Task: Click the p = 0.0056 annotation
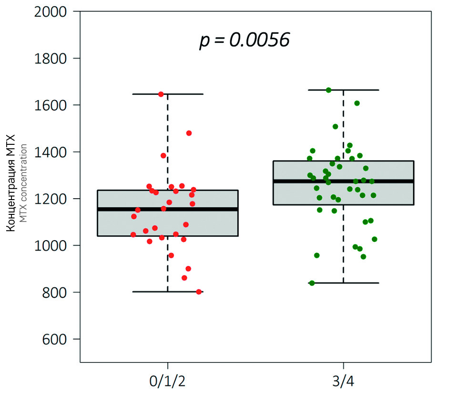pyautogui.click(x=245, y=40)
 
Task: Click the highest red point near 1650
pyautogui.click(x=161, y=94)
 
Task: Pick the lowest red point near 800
pyautogui.click(x=199, y=292)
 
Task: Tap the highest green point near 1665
pyautogui.click(x=328, y=90)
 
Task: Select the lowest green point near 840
pyautogui.click(x=312, y=283)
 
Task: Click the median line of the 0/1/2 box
pyautogui.click(x=167, y=209)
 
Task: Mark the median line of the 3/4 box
pyautogui.click(x=343, y=181)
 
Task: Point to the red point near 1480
pyautogui.click(x=189, y=133)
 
